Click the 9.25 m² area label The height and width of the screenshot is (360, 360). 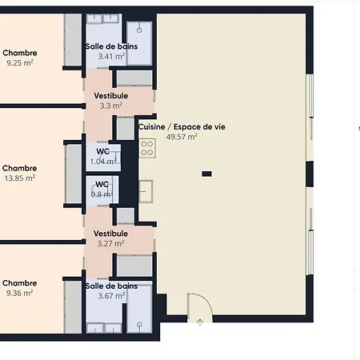click(x=20, y=63)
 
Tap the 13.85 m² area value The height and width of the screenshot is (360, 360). click(x=20, y=178)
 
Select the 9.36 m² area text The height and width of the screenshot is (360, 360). click(x=20, y=293)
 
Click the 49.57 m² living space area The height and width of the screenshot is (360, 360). click(x=182, y=137)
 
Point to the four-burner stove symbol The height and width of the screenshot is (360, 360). click(x=147, y=148)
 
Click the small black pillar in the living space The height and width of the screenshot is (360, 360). click(x=207, y=174)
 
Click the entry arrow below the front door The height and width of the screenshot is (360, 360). click(x=200, y=322)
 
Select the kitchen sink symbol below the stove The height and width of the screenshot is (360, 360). click(x=146, y=191)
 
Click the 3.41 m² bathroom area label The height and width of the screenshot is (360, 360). click(x=111, y=57)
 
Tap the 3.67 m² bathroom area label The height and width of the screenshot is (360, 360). click(x=111, y=296)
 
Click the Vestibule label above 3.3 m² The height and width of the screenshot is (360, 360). click(x=111, y=96)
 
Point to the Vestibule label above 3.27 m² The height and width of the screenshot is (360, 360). click(x=110, y=234)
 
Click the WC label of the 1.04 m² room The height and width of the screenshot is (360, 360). click(x=103, y=151)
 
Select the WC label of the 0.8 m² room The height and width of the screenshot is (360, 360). click(x=102, y=185)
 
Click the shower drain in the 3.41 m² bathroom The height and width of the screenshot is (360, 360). click(x=139, y=30)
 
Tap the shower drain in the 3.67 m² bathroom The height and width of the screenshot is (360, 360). click(x=139, y=325)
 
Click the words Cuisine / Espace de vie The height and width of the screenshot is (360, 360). click(x=182, y=127)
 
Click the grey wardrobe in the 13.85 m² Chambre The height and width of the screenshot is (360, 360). click(x=74, y=174)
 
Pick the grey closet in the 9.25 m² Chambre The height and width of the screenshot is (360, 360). click(x=74, y=39)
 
